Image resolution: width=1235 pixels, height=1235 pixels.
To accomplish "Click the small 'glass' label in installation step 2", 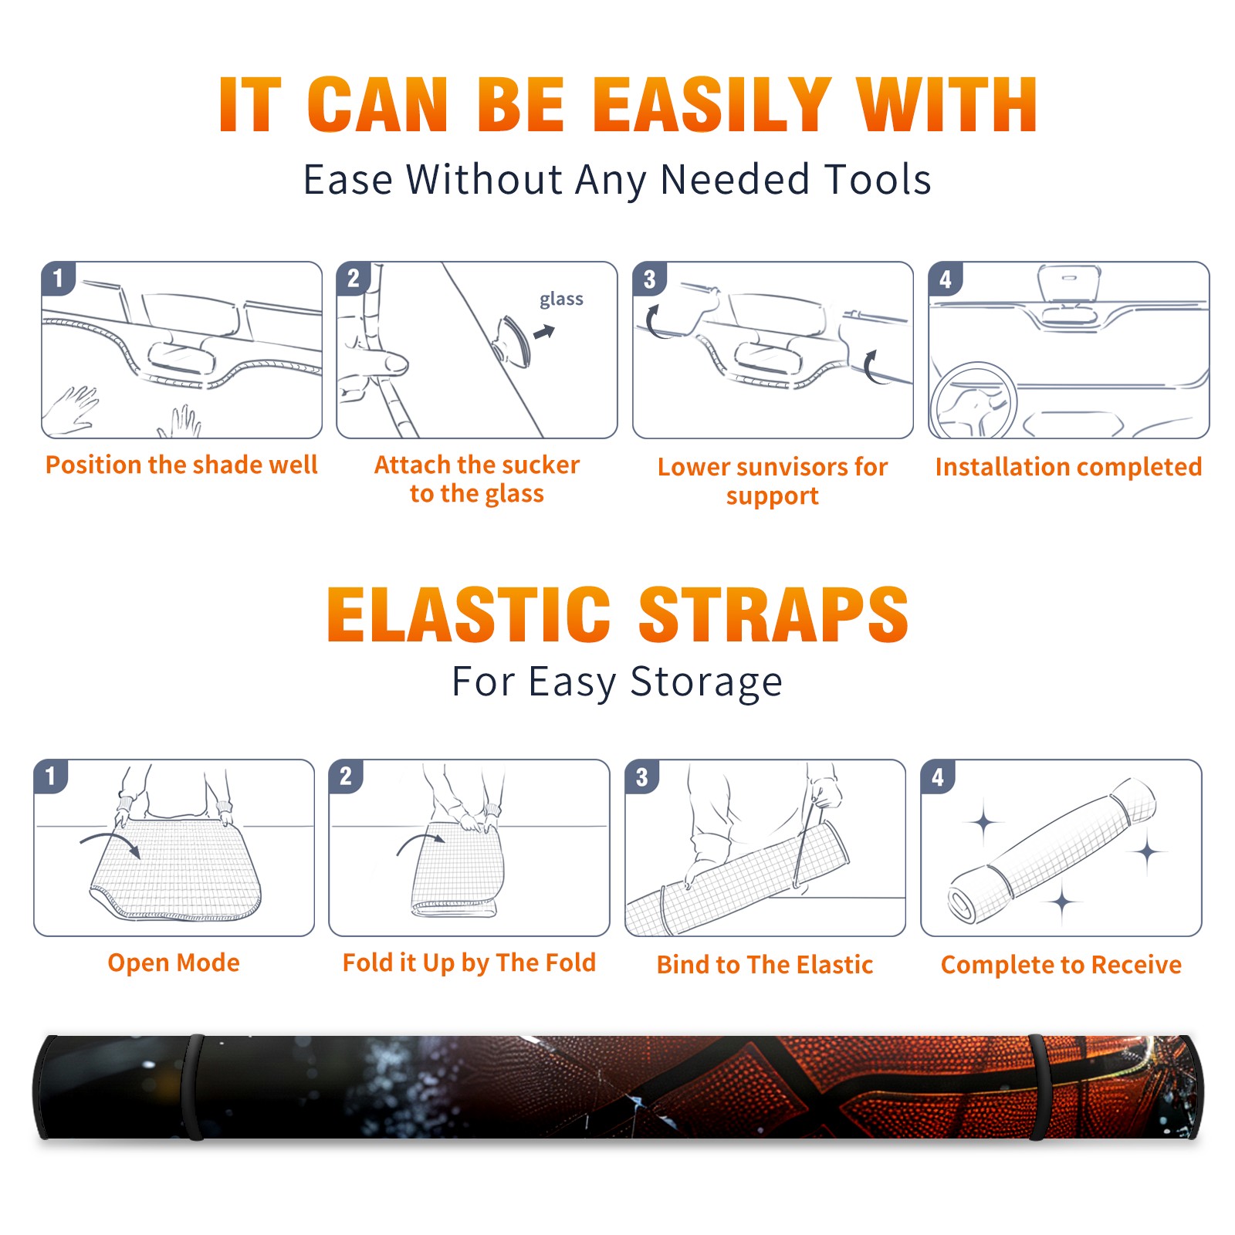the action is [561, 299].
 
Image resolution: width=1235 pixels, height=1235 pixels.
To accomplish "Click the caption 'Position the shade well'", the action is [181, 465].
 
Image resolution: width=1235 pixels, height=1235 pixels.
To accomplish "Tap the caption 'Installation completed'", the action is [1068, 467].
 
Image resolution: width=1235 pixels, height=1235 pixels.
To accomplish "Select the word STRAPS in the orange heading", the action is [773, 614].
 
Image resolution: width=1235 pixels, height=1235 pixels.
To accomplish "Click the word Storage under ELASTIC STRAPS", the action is [706, 682].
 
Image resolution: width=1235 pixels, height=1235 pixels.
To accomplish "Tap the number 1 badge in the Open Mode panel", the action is [51, 776].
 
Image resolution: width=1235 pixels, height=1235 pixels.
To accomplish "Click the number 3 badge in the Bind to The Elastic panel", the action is [642, 777].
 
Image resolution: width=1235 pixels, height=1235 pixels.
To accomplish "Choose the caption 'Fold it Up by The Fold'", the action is [469, 963].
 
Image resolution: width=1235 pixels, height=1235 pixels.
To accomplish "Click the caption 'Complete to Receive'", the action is [1061, 965].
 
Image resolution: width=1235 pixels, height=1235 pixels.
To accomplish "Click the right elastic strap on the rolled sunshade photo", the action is [1037, 1087].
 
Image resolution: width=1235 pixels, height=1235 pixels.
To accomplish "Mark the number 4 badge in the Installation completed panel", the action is [946, 279].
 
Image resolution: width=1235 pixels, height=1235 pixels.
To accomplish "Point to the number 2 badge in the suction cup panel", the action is [354, 279].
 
